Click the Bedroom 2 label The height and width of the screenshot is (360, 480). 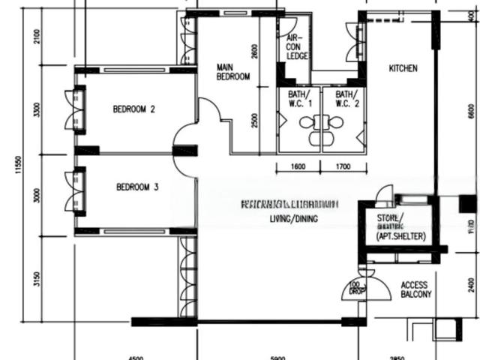(x=134, y=109)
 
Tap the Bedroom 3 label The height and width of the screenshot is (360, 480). (x=137, y=187)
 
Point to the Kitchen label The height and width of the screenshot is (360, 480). (x=403, y=69)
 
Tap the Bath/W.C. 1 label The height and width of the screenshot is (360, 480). (x=299, y=99)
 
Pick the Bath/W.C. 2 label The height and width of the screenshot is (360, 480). (x=346, y=99)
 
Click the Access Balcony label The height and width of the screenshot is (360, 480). (x=416, y=290)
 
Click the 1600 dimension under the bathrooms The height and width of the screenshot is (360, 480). (x=298, y=166)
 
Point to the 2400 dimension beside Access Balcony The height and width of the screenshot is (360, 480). (x=471, y=285)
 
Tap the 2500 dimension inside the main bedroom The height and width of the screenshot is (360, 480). (x=255, y=120)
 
